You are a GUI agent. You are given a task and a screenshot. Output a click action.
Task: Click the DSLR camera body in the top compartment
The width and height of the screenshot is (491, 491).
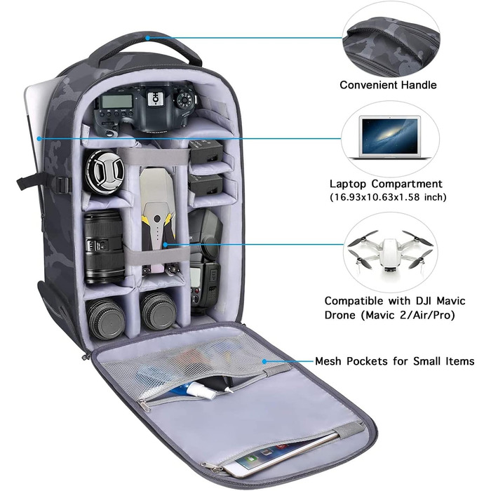click(146, 108)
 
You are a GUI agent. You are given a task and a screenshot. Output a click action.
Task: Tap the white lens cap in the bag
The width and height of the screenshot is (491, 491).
click(105, 173)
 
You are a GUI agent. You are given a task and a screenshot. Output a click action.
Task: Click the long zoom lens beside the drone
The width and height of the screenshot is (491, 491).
click(104, 248)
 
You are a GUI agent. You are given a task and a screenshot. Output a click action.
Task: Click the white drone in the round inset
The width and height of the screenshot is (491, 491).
click(390, 253)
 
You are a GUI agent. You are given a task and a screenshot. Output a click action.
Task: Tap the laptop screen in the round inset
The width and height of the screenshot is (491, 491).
click(390, 135)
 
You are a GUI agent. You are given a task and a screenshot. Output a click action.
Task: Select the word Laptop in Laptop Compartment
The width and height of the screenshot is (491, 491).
click(348, 184)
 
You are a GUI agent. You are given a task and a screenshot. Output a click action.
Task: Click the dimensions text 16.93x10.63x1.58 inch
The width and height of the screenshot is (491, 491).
click(389, 197)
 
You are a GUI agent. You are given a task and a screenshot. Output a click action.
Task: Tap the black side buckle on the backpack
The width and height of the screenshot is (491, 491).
click(63, 184)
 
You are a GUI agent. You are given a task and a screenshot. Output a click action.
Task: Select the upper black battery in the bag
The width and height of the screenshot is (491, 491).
click(206, 152)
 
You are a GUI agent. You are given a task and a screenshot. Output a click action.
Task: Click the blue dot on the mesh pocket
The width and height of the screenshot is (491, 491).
click(264, 361)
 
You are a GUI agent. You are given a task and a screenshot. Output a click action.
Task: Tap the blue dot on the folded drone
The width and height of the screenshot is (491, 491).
click(165, 244)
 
